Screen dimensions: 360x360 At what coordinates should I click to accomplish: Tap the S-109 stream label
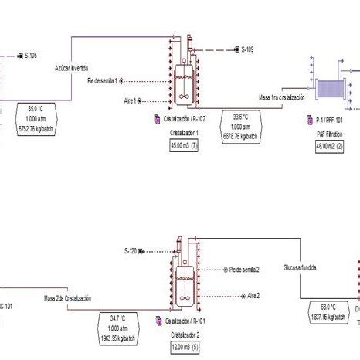249,50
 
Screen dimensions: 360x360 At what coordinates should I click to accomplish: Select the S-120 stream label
131,251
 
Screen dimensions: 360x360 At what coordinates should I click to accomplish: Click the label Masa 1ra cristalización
282,98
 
